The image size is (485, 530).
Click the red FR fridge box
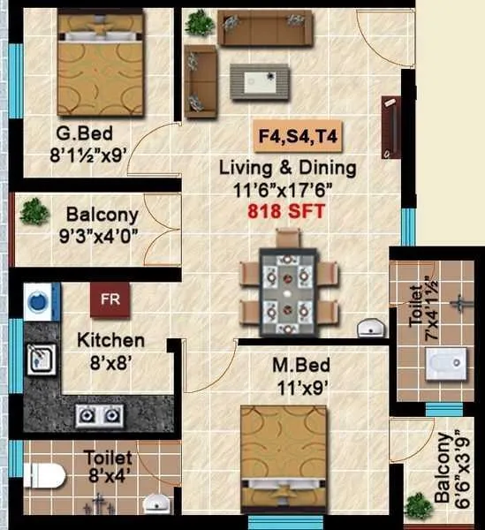pyautogui.click(x=110, y=299)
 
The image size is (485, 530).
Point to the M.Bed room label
pyautogui.click(x=296, y=363)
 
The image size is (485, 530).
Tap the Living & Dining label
pyautogui.click(x=288, y=167)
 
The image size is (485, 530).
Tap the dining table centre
pyautogui.click(x=288, y=288)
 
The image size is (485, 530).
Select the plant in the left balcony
pyautogui.click(x=34, y=211)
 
